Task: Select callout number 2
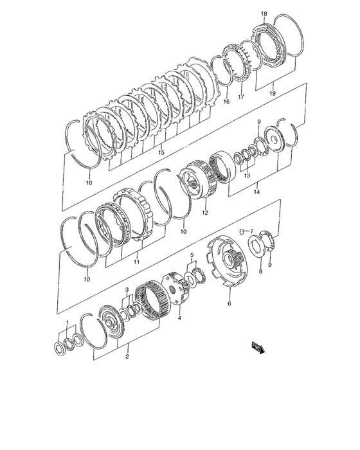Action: click(x=127, y=356)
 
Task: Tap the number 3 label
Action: click(x=127, y=290)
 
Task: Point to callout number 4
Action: click(x=180, y=318)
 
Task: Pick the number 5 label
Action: click(x=191, y=256)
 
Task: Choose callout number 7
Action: click(x=252, y=231)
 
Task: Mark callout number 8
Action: click(x=260, y=272)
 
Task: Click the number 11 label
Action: click(x=136, y=262)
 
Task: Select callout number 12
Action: click(x=206, y=211)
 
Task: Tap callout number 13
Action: click(x=247, y=175)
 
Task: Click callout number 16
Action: click(x=226, y=102)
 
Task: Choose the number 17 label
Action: click(x=242, y=98)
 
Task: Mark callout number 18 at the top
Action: click(x=264, y=13)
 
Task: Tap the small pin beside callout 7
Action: click(x=242, y=231)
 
